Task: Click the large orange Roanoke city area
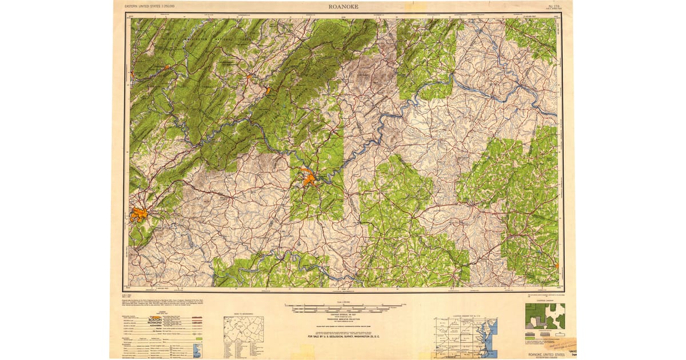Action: [139, 215]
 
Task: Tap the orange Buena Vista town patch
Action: [268, 90]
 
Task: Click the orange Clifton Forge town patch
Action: [167, 67]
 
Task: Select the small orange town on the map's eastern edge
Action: [557, 265]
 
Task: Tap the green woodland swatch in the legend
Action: [198, 339]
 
